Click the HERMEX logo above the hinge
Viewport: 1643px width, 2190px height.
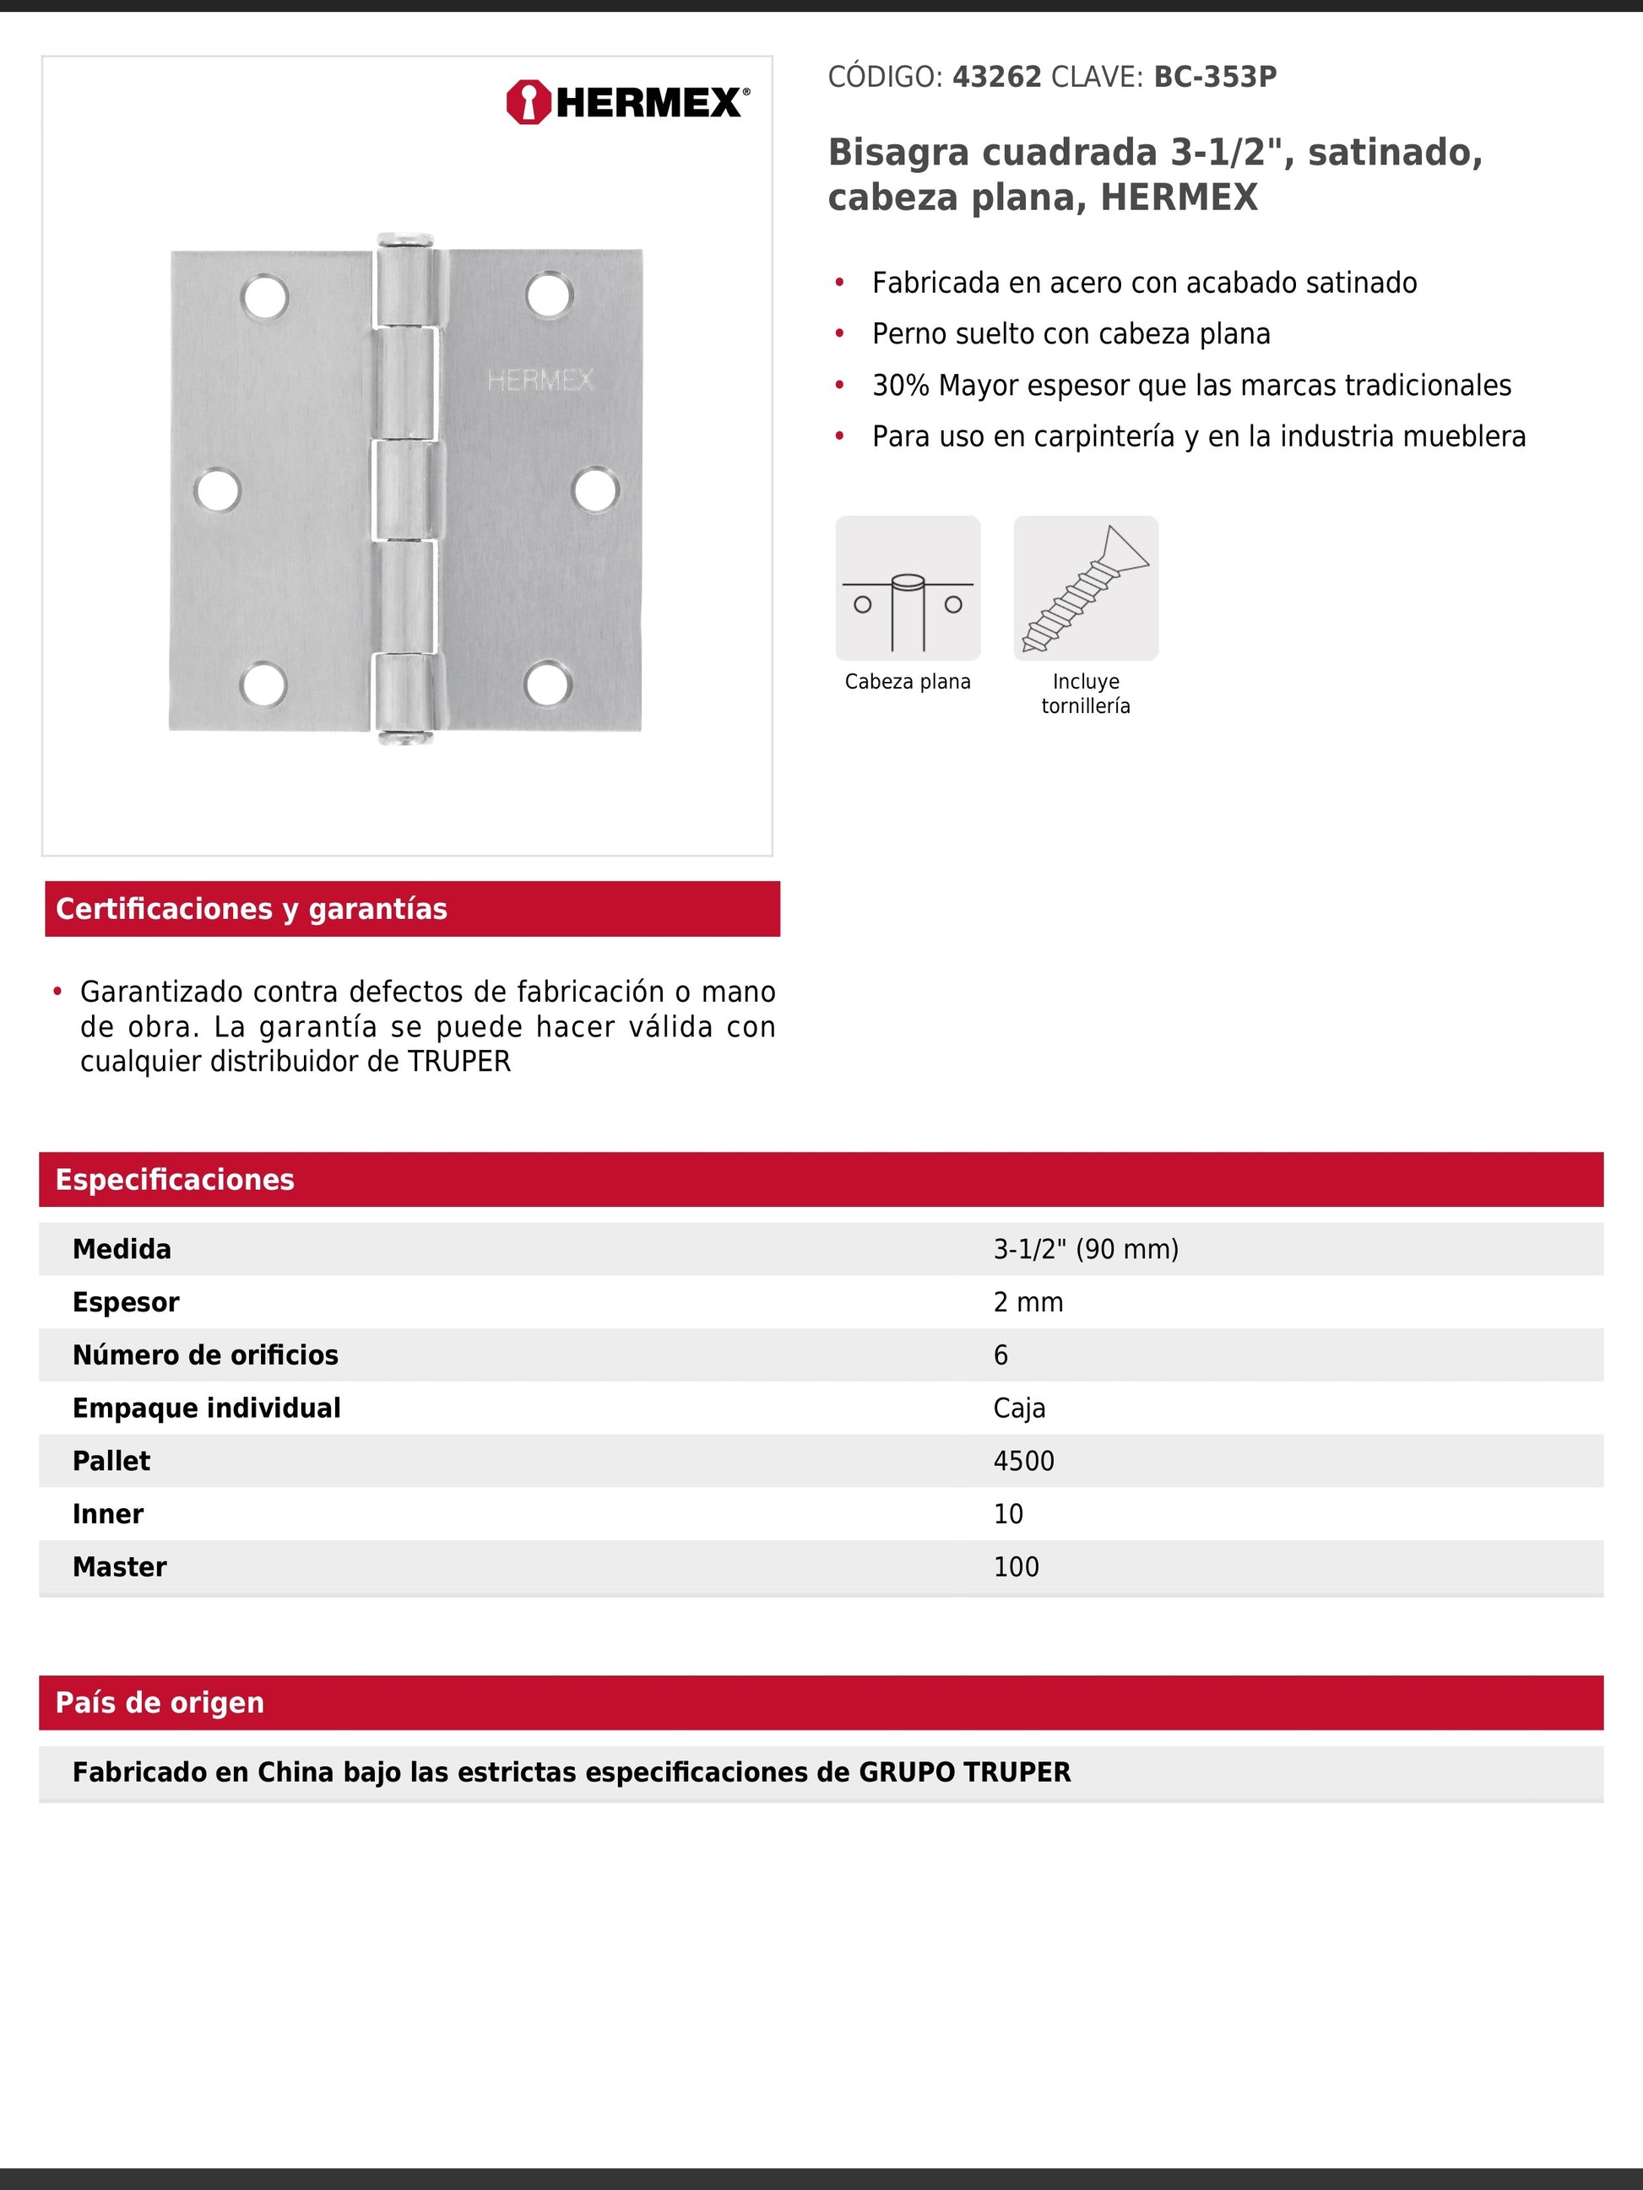tap(627, 102)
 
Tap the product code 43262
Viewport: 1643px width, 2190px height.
tap(996, 78)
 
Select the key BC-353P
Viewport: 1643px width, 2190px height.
tap(1215, 78)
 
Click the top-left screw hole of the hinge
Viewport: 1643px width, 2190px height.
tap(264, 297)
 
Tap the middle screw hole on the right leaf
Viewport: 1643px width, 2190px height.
tap(595, 490)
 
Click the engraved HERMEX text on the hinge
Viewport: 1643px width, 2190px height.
tap(540, 380)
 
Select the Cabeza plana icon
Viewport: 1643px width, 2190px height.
tap(907, 588)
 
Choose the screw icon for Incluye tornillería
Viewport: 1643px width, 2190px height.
tap(1086, 588)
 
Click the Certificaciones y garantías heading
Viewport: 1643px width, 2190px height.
tap(252, 909)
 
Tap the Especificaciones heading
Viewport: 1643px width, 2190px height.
tap(174, 1179)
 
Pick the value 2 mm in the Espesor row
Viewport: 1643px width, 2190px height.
tap(1028, 1302)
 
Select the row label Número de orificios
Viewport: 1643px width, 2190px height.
tap(205, 1355)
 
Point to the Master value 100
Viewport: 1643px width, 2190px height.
tap(1016, 1567)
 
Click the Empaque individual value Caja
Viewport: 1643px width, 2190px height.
tap(1019, 1408)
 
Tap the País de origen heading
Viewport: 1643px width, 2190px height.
tap(160, 1703)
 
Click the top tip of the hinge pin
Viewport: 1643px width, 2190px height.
tap(405, 239)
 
